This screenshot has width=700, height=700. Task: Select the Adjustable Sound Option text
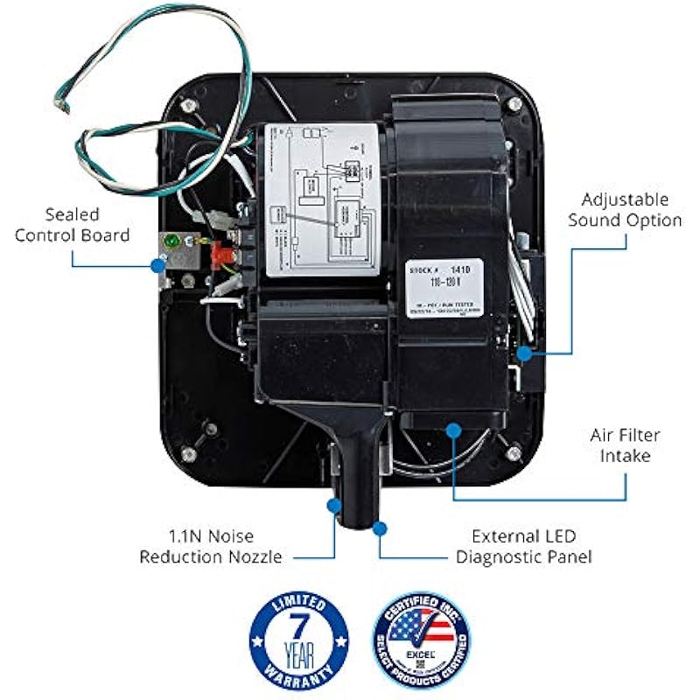(624, 210)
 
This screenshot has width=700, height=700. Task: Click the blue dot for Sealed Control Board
(158, 263)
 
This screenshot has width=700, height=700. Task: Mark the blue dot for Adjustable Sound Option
(523, 353)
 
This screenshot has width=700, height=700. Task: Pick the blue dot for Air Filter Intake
(453, 429)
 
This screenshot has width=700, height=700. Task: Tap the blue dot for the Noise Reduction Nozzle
(334, 505)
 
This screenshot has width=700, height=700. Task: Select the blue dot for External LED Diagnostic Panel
(379, 528)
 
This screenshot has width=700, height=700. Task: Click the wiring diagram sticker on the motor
(323, 198)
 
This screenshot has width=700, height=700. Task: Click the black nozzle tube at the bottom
(359, 499)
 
